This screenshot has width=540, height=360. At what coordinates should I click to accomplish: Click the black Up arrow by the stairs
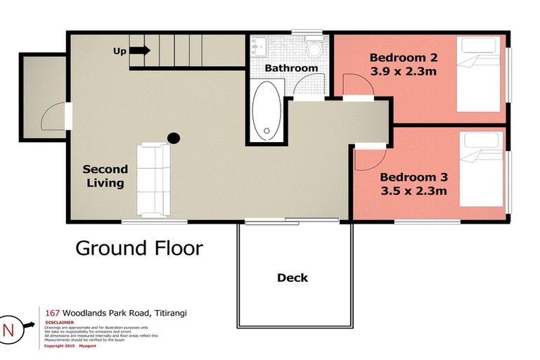(x=139, y=51)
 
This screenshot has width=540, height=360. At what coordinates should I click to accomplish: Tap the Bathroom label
(x=291, y=68)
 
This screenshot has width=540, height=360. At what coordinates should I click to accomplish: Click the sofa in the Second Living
(x=153, y=179)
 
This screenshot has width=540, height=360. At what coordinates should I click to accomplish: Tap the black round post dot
(x=173, y=138)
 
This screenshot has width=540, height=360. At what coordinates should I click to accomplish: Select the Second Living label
(x=105, y=176)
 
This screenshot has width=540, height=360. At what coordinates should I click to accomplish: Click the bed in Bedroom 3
(x=482, y=168)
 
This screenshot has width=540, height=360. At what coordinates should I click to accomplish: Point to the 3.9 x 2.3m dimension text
(x=399, y=71)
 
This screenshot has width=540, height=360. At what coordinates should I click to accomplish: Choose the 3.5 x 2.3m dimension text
(x=413, y=190)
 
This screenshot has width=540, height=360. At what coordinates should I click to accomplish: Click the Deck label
(x=292, y=278)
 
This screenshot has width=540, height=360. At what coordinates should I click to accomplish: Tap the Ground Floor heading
(x=139, y=248)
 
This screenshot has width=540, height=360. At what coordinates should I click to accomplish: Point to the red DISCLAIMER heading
(x=59, y=322)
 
